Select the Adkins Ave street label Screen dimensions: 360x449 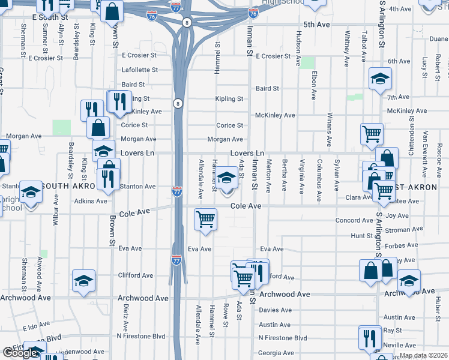[x=91, y=201]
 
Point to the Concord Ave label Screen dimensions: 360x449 [x=354, y=221]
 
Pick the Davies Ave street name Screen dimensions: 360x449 [x=275, y=310]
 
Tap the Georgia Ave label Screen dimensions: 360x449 [x=276, y=353]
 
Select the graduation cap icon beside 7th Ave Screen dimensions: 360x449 [x=379, y=79]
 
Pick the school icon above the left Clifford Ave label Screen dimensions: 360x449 [x=83, y=280]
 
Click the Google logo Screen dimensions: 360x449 [x=20, y=353]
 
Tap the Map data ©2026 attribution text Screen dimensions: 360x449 [x=423, y=355]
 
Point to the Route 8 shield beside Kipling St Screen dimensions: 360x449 [x=178, y=103]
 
